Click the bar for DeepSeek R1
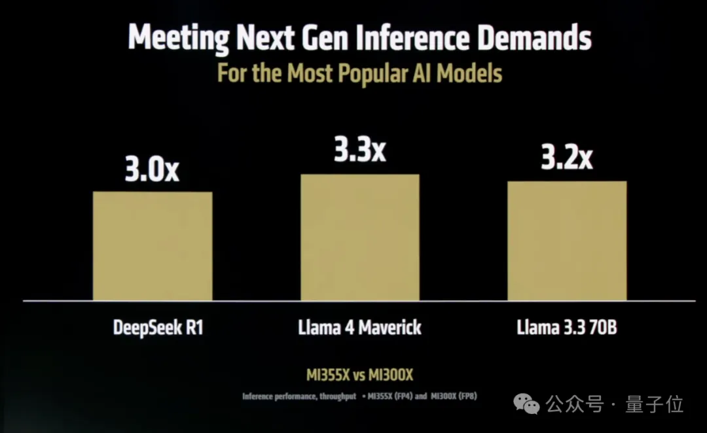(153, 246)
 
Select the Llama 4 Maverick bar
(359, 237)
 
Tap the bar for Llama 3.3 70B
(567, 241)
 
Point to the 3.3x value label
(359, 151)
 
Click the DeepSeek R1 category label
(158, 326)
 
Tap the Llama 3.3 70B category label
(567, 326)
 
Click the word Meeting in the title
(176, 39)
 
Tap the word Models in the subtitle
(469, 73)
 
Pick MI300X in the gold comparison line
(391, 375)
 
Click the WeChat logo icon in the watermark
(526, 404)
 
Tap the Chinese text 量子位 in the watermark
(655, 404)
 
